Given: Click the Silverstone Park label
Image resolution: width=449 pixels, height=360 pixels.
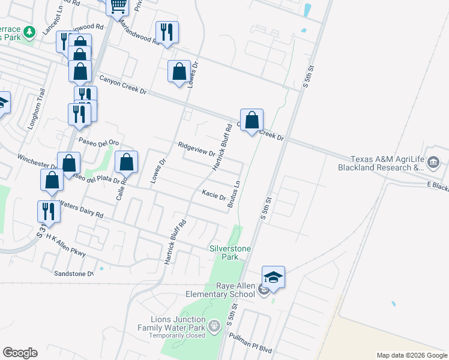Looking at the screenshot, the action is pyautogui.click(x=229, y=253).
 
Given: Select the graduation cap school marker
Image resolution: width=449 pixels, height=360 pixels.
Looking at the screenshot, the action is pyautogui.click(x=274, y=277).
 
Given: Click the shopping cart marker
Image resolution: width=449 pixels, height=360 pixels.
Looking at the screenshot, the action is pyautogui.click(x=118, y=6).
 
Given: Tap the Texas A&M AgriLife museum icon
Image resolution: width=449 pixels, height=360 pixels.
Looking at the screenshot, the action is pyautogui.click(x=434, y=161).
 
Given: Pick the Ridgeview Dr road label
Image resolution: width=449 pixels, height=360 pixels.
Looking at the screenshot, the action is pyautogui.click(x=196, y=148).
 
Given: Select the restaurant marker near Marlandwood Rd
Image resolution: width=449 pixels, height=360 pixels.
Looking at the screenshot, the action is pyautogui.click(x=166, y=32).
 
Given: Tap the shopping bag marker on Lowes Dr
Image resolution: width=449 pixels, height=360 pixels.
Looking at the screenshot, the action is pyautogui.click(x=179, y=71).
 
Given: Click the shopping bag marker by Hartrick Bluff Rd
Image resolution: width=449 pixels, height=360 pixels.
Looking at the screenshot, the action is pyautogui.click(x=253, y=120).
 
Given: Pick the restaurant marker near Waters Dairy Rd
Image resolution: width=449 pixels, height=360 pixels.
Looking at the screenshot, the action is pyautogui.click(x=48, y=211).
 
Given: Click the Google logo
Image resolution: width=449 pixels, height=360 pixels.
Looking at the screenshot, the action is pyautogui.click(x=20, y=353).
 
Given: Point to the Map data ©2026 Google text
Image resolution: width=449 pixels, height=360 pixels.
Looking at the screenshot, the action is pyautogui.click(x=411, y=355).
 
